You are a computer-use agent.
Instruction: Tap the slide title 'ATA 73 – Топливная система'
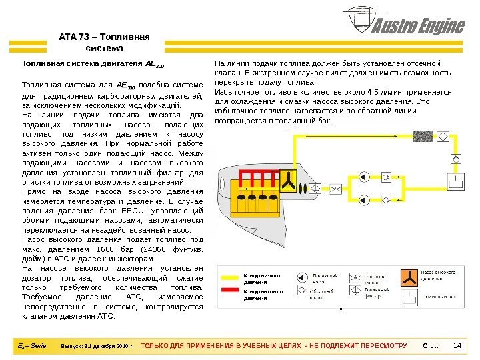pyautogui.click(x=105, y=43)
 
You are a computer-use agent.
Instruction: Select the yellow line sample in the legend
pyautogui.click(x=230, y=277)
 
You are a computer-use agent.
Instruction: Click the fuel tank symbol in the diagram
pyautogui.click(x=456, y=182)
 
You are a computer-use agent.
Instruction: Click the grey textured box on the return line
pyautogui.click(x=423, y=136)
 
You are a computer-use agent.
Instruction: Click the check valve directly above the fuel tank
pyautogui.click(x=456, y=159)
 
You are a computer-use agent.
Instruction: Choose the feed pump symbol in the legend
pyautogui.click(x=302, y=276)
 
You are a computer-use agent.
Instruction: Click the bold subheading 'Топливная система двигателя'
pyautogui.click(x=93, y=65)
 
